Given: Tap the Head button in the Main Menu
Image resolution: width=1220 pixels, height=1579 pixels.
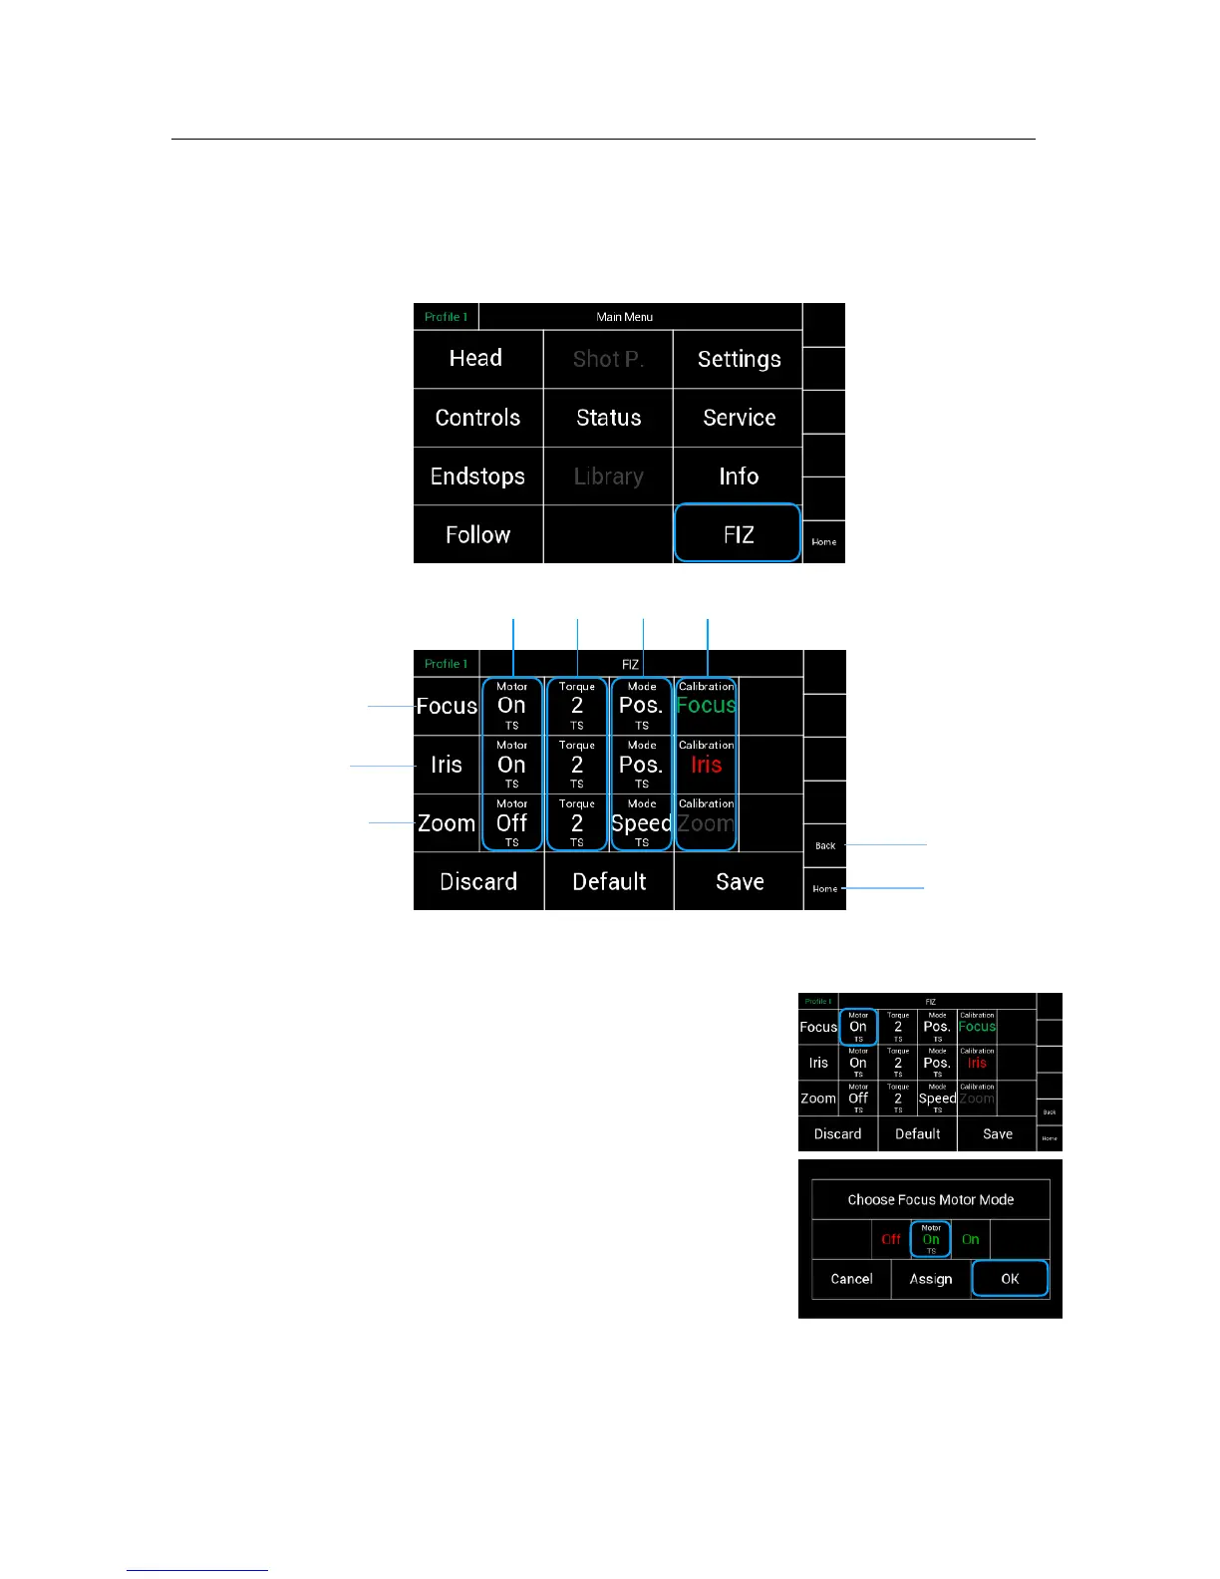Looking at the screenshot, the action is [476, 359].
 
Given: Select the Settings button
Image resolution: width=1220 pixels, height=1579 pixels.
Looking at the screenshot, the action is [739, 359].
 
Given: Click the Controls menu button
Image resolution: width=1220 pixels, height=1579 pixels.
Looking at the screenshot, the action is [477, 418].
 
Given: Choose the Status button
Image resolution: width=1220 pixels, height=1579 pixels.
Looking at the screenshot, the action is [608, 418].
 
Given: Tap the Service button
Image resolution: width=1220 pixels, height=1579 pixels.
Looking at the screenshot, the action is [739, 418].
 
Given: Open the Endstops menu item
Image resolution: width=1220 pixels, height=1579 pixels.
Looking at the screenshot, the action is [477, 476].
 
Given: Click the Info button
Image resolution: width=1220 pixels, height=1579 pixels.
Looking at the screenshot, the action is [739, 476].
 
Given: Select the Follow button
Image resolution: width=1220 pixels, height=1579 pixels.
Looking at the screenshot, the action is [477, 535].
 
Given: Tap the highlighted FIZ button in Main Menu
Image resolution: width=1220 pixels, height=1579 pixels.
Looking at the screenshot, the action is [738, 534].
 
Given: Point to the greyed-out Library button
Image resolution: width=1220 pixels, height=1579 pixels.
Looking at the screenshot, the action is [608, 476].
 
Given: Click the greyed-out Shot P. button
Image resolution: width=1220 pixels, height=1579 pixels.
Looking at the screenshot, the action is [608, 359].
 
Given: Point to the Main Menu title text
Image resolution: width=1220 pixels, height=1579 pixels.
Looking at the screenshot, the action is [625, 317].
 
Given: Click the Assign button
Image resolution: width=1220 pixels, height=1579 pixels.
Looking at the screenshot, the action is [931, 1279].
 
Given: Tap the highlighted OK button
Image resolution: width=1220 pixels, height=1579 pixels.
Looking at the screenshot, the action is [1010, 1279].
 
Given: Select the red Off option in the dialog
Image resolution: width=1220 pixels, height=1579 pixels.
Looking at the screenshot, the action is [891, 1239].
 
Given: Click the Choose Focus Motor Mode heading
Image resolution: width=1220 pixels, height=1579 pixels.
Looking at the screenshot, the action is [931, 1200].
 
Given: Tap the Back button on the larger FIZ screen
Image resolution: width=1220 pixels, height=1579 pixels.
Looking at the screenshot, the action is [825, 845].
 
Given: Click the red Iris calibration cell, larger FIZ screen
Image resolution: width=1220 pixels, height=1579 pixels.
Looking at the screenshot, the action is [706, 765].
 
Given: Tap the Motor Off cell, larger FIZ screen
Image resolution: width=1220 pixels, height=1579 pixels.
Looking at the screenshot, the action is [512, 822].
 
